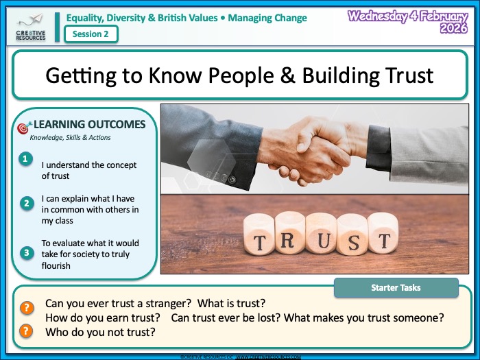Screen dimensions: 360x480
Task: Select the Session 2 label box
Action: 91,34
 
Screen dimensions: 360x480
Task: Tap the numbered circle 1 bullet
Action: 25,159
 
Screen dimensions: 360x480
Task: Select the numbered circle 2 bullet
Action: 25,203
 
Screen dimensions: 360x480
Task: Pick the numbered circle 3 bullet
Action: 25,253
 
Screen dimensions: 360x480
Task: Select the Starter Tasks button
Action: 396,288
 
